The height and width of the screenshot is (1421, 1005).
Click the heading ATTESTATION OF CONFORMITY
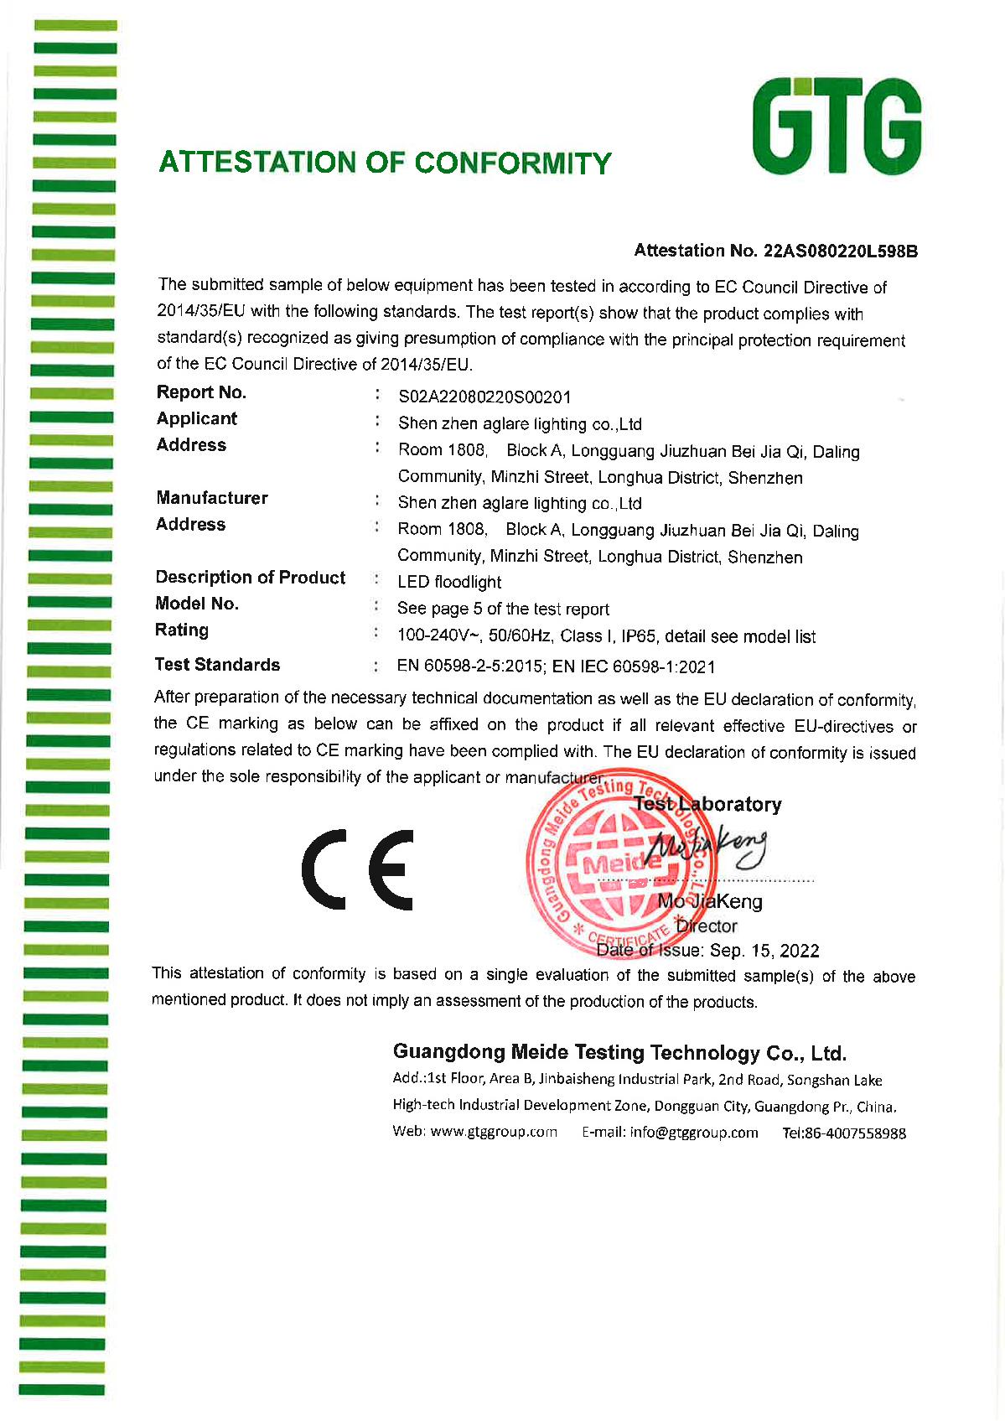tap(385, 163)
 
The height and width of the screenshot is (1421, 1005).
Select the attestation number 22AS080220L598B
tap(840, 251)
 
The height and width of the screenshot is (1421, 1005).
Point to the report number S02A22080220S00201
tap(484, 397)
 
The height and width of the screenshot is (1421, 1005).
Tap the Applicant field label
tap(196, 418)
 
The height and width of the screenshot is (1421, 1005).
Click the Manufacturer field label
tap(211, 498)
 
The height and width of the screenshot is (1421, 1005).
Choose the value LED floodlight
tap(449, 582)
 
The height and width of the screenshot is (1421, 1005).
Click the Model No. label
tap(196, 604)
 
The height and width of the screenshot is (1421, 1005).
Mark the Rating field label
tap(181, 630)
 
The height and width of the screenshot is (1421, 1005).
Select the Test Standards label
tap(217, 665)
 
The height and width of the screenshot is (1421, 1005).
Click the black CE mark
tap(358, 869)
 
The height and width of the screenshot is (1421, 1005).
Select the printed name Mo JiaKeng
tap(710, 902)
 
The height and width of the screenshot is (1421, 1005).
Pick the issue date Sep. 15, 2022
tap(764, 951)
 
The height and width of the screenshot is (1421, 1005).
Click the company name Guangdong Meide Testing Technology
tap(619, 1053)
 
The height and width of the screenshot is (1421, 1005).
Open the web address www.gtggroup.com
tap(493, 1132)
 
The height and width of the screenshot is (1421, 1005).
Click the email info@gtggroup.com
tap(694, 1133)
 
